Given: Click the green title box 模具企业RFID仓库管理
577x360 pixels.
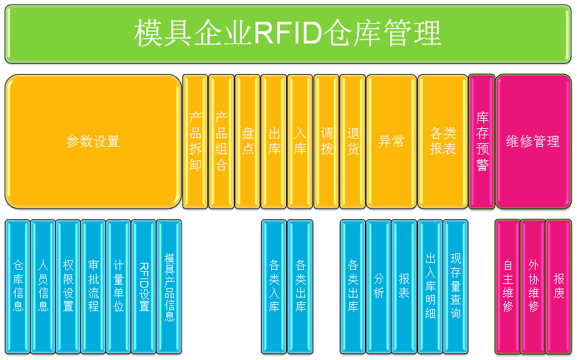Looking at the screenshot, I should [288, 33].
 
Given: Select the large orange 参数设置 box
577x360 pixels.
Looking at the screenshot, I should [93, 141].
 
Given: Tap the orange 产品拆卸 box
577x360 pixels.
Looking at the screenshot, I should [196, 141].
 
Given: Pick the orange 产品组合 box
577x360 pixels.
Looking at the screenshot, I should [222, 141].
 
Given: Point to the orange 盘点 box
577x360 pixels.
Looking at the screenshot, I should [248, 141].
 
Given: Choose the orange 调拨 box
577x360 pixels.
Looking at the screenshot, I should [327, 141].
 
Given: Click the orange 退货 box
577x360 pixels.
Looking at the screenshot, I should [353, 141].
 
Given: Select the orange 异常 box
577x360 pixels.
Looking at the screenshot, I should [391, 141].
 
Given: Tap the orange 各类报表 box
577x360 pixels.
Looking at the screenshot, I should [443, 141].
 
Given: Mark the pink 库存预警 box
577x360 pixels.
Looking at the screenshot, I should [482, 141].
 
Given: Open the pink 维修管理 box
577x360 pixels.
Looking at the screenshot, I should [534, 141].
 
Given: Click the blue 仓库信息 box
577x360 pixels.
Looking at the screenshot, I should [18, 286].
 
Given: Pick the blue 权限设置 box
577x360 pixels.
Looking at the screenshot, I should [68, 286].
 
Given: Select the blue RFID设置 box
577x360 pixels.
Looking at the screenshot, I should [144, 286].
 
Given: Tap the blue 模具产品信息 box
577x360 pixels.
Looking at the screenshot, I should [169, 286].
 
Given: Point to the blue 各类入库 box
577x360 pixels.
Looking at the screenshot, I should [274, 286].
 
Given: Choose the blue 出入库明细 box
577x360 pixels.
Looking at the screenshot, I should [430, 286].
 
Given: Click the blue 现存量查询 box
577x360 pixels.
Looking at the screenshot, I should [455, 286].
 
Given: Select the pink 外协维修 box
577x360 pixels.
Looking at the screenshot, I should [533, 286].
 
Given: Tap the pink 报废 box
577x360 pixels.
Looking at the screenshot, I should [559, 286].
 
